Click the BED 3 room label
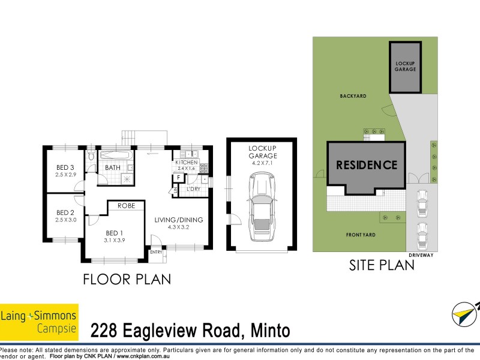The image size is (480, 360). pyautogui.click(x=65, y=167)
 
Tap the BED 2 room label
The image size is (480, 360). pyautogui.click(x=65, y=212)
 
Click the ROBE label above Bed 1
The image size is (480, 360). pyautogui.click(x=126, y=206)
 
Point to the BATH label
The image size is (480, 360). pyautogui.click(x=113, y=167)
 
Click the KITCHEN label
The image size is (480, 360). pyautogui.click(x=186, y=163)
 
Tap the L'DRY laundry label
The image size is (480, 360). pyautogui.click(x=193, y=190)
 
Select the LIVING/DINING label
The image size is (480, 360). pyautogui.click(x=179, y=220)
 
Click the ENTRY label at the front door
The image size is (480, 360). pyautogui.click(x=156, y=252)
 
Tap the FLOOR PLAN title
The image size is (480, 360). pyautogui.click(x=127, y=279)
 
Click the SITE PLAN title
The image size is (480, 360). pyautogui.click(x=382, y=265)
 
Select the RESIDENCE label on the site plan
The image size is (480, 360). pyautogui.click(x=366, y=165)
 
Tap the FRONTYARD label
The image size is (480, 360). pyautogui.click(x=361, y=235)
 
